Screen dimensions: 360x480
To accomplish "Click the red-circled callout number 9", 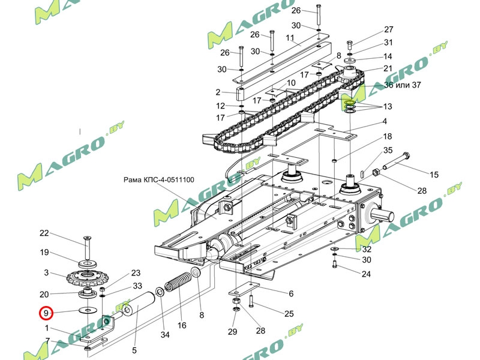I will [x=46, y=312].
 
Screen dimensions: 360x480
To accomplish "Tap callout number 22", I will [x=44, y=233].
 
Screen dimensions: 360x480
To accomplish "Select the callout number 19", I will [x=44, y=252].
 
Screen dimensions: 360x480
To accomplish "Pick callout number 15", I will [x=433, y=175].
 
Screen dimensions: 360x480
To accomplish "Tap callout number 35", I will [x=388, y=150].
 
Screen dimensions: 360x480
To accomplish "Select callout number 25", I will [x=289, y=314].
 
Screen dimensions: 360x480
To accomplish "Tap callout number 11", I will [x=290, y=38].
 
